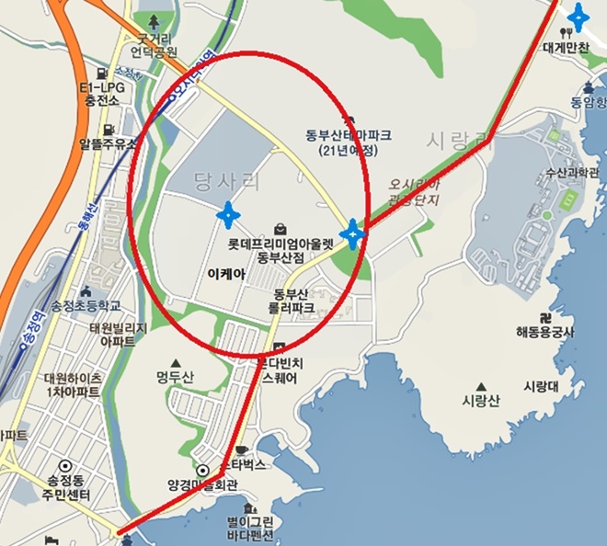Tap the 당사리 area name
228,179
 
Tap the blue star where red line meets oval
352,234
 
